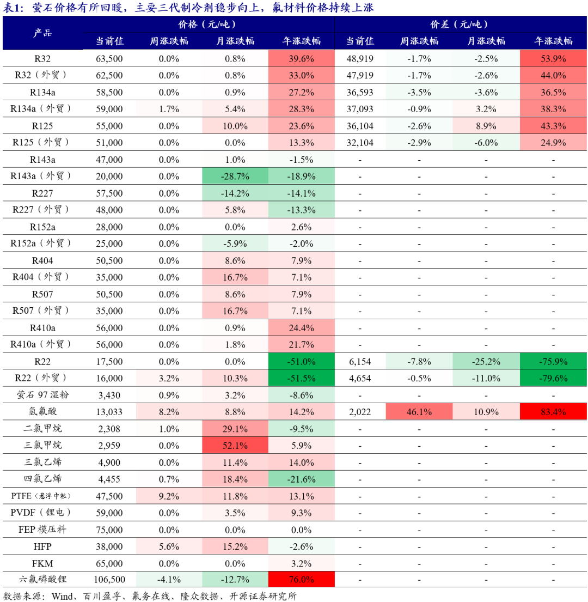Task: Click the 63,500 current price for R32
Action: coord(109,58)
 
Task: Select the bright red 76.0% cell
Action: coord(301,580)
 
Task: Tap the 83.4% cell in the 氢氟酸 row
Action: coord(553,412)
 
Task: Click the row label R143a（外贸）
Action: coord(41,177)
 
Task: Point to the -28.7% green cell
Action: coord(235,177)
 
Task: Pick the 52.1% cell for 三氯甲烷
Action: coord(235,446)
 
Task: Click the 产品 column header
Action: coord(42,33)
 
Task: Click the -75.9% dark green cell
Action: coord(553,361)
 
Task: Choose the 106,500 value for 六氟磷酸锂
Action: coord(109,580)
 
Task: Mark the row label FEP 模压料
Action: coord(41,530)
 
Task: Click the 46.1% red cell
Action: coord(419,412)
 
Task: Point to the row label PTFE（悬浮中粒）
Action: coord(41,496)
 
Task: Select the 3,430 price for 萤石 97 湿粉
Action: coord(109,395)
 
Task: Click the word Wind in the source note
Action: coord(64,595)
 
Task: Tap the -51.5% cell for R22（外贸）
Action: coord(301,378)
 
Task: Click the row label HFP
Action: coord(42,546)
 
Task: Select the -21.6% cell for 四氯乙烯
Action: coord(301,479)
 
